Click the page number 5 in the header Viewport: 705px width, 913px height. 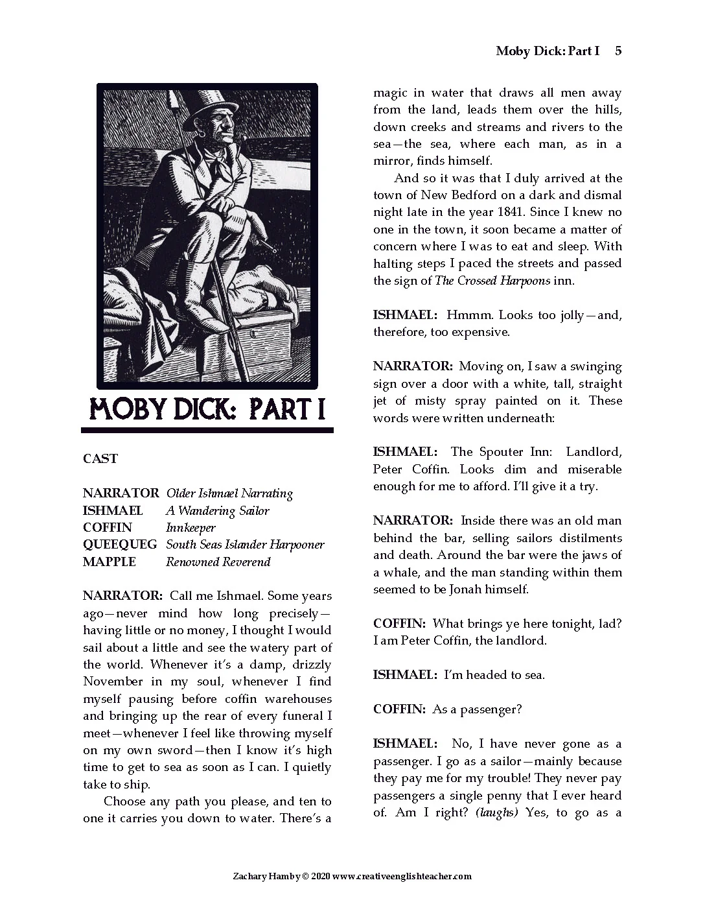point(618,51)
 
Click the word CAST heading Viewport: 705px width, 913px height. point(100,458)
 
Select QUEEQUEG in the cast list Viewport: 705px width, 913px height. point(120,545)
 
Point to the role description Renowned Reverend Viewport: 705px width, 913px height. point(218,562)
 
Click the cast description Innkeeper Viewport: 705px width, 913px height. point(191,528)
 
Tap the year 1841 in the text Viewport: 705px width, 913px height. point(515,212)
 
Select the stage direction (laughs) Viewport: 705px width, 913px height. point(497,812)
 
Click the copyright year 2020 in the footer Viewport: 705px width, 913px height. point(321,876)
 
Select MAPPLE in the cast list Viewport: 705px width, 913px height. point(110,562)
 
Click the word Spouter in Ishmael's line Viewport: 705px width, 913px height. point(505,452)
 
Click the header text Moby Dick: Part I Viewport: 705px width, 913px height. point(548,51)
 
